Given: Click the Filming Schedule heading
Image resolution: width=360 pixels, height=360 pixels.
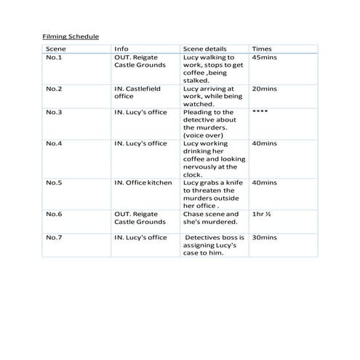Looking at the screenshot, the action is coord(70,36).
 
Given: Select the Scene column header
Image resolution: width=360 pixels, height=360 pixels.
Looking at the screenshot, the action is coord(55,49).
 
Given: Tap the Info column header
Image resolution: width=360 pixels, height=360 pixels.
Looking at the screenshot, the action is coord(121,49).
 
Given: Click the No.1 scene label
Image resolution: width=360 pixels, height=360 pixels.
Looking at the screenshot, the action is coord(54,57).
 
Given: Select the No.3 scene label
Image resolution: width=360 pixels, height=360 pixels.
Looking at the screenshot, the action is coord(54,112).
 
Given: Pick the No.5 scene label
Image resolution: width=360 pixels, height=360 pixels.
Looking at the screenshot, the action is coord(54,183).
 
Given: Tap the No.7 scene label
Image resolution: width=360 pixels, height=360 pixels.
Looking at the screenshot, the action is coord(54,238).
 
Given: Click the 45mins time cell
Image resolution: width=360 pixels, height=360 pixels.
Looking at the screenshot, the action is coord(263,57).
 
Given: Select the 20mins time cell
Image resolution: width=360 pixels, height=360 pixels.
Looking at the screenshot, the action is coord(263,89).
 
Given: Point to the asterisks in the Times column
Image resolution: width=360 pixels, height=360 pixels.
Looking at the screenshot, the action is coord(260,112).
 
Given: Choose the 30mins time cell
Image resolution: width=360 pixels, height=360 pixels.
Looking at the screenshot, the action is coord(263,238).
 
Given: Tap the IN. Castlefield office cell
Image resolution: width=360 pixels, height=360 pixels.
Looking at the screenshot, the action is coord(137,92).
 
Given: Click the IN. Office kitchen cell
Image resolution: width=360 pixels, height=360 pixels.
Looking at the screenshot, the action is coord(143,183).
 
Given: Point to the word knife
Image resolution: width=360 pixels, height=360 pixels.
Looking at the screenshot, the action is coord(232,183).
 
